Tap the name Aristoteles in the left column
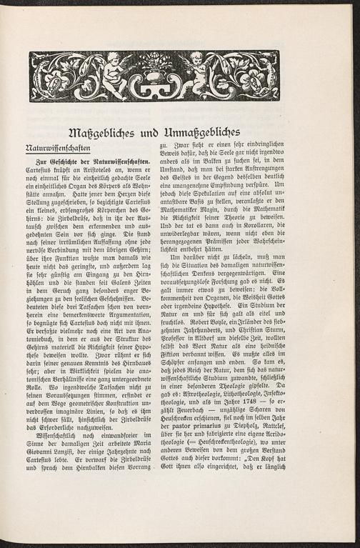[x=101, y=172]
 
